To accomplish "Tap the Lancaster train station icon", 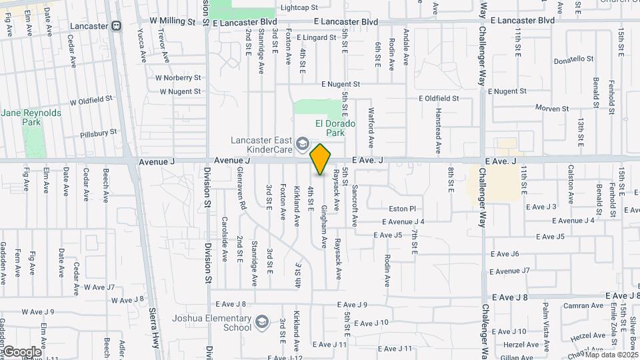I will (x=116, y=26).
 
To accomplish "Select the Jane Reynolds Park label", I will (x=31, y=118).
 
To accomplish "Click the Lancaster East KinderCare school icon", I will (x=303, y=144).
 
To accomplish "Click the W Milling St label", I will (x=172, y=21).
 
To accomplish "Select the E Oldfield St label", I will (x=439, y=98).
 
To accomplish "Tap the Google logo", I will (x=21, y=351).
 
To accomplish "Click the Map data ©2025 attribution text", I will (x=611, y=355).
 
